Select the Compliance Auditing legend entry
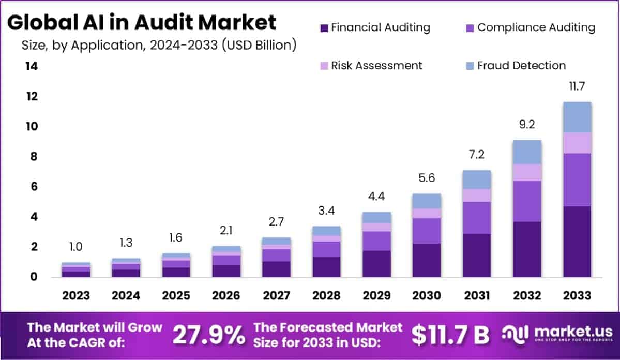pos(531,27)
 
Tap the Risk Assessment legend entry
pos(371,66)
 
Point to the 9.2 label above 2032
pos(527,125)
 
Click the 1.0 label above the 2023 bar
pos(76,247)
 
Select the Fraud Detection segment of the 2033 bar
pos(577,117)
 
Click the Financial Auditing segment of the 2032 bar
pos(527,249)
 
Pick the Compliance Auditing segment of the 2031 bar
pos(477,217)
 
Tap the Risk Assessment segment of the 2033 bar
pos(577,143)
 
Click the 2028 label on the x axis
pos(327,295)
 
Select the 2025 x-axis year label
pos(176,295)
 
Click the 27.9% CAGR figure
pos(209,335)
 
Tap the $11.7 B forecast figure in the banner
pos(450,335)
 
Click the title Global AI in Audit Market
pos(142,23)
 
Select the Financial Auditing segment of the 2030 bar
pos(427,260)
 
